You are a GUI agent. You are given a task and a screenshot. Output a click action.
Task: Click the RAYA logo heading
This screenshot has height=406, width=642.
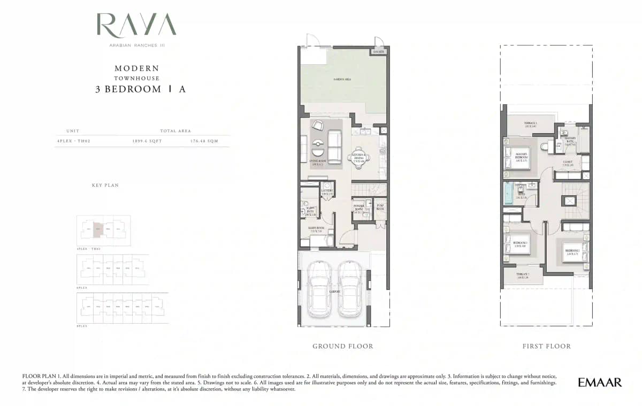pyautogui.click(x=136, y=26)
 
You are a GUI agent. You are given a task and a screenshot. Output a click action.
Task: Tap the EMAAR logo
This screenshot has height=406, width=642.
pyautogui.click(x=600, y=382)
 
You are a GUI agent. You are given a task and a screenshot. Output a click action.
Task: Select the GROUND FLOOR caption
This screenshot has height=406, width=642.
pyautogui.click(x=343, y=346)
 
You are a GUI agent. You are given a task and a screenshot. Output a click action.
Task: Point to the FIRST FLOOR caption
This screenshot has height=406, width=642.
pyautogui.click(x=546, y=346)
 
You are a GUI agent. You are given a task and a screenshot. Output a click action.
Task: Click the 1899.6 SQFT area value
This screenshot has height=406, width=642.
pyautogui.click(x=147, y=141)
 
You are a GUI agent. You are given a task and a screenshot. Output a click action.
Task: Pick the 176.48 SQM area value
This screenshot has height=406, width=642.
pyautogui.click(x=204, y=141)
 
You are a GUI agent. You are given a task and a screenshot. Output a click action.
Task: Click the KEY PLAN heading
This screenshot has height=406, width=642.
pyautogui.click(x=105, y=185)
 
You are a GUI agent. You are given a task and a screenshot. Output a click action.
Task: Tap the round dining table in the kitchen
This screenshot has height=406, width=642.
pyautogui.click(x=358, y=157)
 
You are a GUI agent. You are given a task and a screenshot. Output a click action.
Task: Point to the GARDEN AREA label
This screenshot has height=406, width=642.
pyautogui.click(x=342, y=79)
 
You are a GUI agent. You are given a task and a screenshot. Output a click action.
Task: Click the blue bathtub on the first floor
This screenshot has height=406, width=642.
pyautogui.click(x=508, y=193)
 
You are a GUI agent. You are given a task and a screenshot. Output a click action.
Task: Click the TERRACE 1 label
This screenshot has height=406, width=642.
pyautogui.click(x=530, y=124)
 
